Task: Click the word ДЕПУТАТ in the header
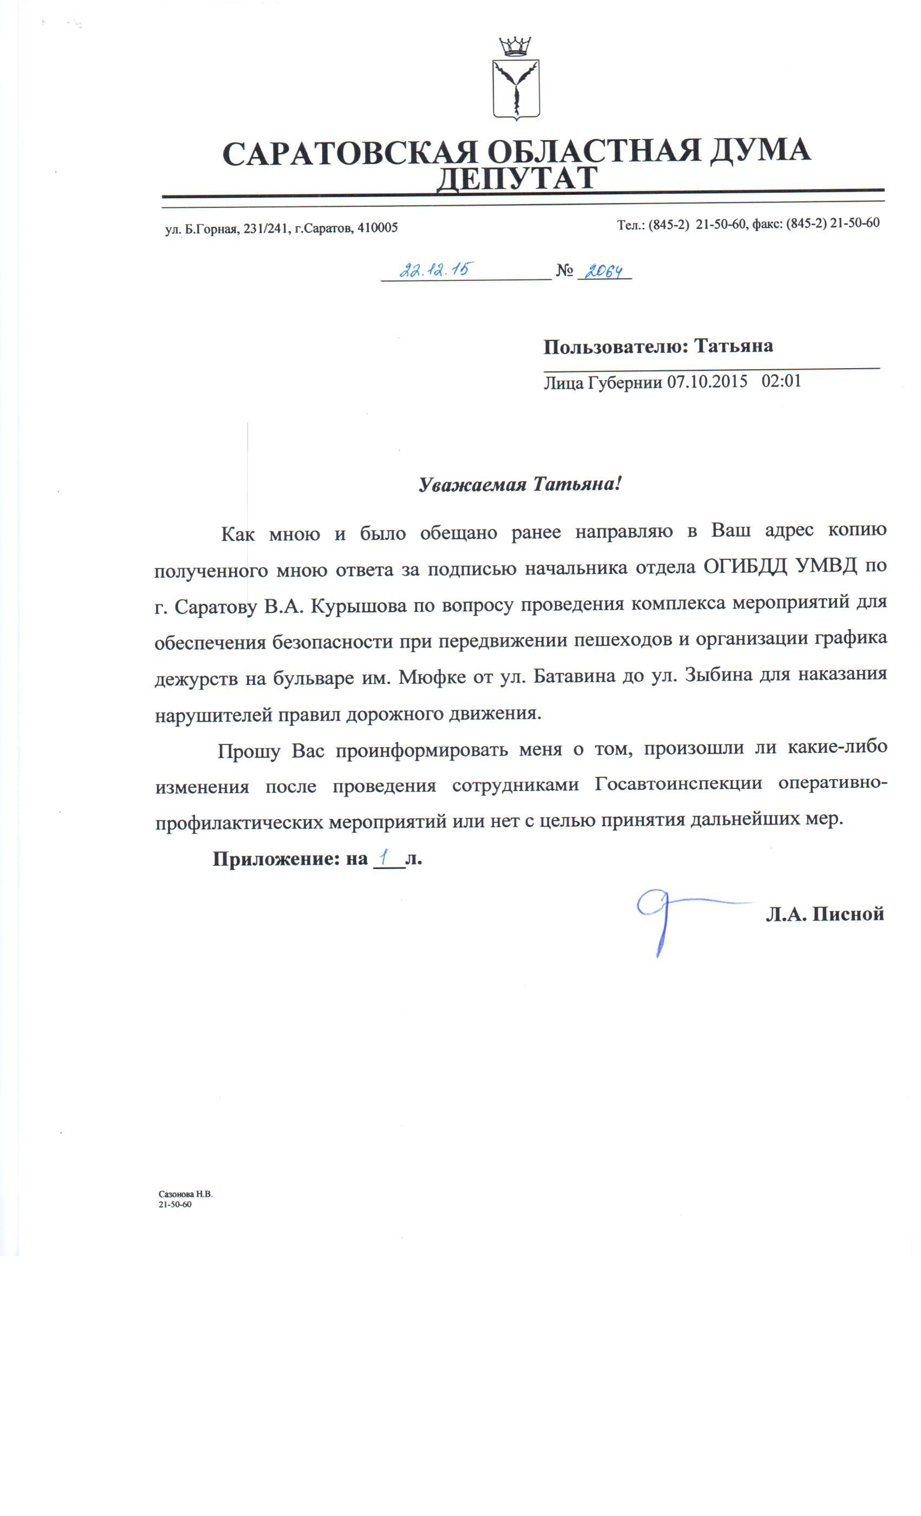[x=516, y=179]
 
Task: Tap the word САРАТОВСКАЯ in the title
[x=349, y=152]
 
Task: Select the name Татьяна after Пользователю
[x=733, y=346]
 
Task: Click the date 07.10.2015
[x=708, y=382]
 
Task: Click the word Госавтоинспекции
[x=678, y=785]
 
